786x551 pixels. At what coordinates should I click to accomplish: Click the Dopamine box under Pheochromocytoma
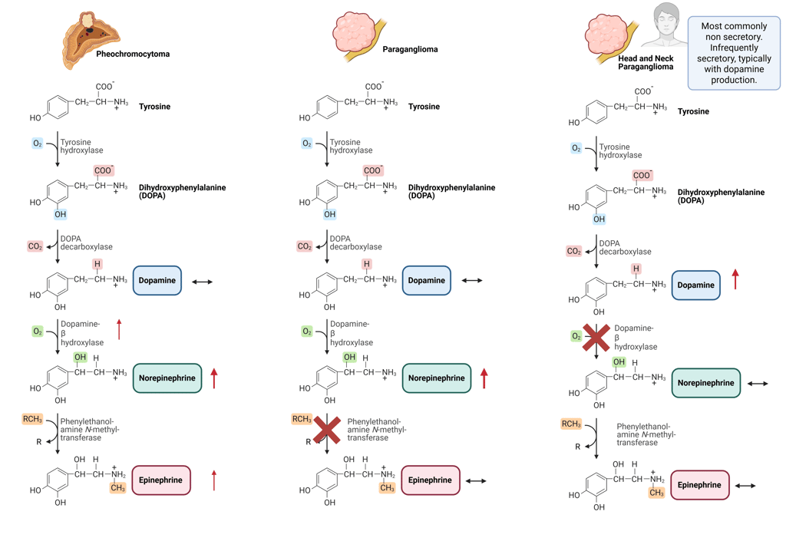coord(157,280)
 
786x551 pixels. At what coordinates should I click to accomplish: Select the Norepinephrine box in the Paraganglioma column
coord(436,378)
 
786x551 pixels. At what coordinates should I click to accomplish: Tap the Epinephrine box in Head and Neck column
coord(699,485)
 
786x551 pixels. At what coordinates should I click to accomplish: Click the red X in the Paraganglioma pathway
coord(327,430)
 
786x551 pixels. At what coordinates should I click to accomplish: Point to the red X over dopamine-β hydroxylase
coord(596,338)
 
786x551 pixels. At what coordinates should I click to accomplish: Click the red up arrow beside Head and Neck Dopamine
coord(735,279)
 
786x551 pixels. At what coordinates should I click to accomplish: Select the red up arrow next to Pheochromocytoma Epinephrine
coord(214,480)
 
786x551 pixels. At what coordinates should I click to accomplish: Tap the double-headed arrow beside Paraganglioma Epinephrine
coord(476,481)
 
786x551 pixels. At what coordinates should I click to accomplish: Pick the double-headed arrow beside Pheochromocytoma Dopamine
coord(203,282)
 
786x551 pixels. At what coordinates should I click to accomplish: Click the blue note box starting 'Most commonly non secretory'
coord(733,52)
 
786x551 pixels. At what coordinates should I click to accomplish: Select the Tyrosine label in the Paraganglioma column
coord(424,107)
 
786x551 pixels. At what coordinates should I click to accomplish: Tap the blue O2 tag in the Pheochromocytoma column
coord(38,144)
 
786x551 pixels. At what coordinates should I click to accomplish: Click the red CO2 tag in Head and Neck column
coord(573,251)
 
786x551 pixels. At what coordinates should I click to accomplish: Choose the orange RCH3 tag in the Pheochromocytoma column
coord(32,419)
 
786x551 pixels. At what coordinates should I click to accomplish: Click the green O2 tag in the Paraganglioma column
coord(306,332)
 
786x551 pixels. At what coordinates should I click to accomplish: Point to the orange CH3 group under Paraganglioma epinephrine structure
coord(387,488)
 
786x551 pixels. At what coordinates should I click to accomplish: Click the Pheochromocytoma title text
coord(133,54)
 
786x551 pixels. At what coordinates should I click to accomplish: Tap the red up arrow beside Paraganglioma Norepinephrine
coord(484,378)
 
